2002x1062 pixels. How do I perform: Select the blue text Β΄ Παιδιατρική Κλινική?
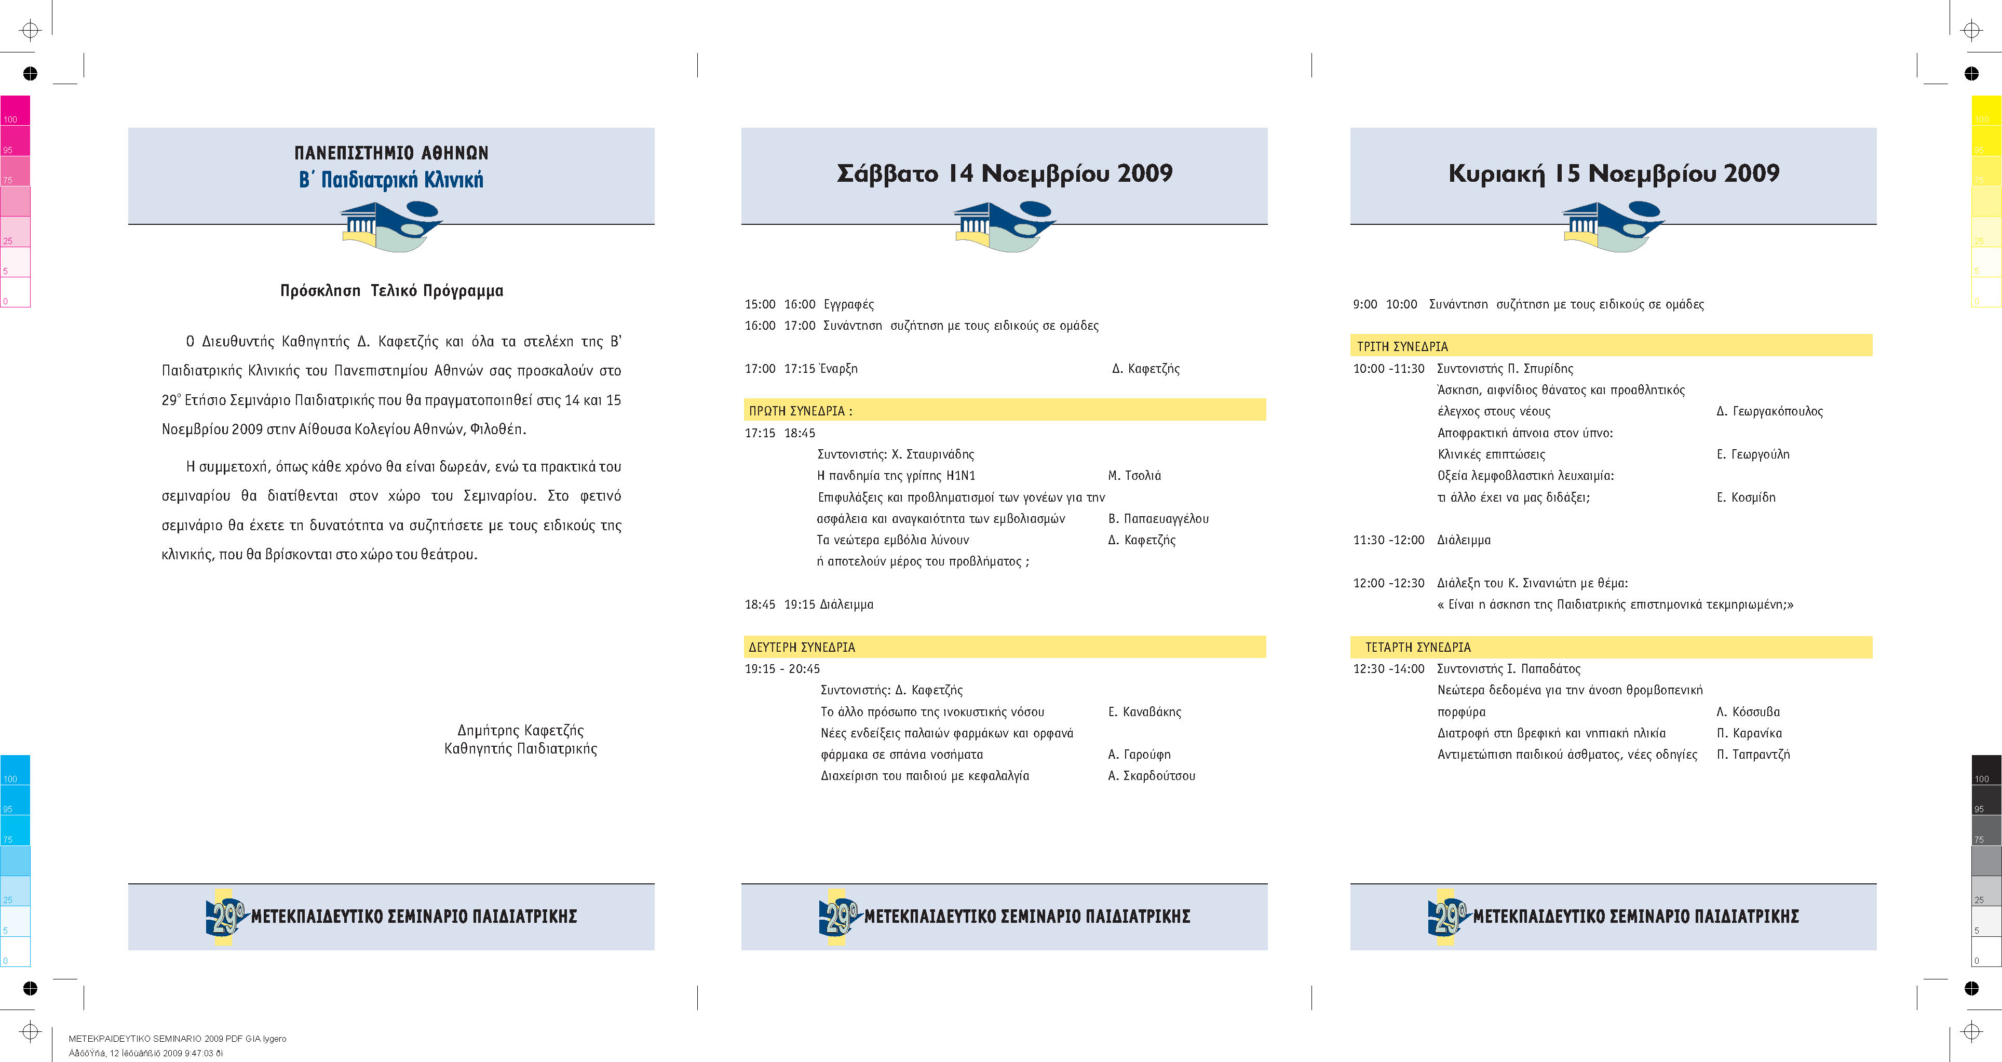click(391, 180)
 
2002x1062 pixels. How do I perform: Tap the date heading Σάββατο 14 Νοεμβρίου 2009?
click(1004, 173)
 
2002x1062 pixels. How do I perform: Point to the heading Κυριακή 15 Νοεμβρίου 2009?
click(1614, 173)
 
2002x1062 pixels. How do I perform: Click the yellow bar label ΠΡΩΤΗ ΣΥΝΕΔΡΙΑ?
click(800, 410)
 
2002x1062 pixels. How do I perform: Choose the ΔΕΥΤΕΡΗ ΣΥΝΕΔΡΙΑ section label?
click(801, 647)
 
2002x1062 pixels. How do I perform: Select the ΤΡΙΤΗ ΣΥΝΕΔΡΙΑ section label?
click(1402, 346)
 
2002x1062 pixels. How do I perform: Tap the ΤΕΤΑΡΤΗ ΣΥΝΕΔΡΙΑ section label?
click(1417, 647)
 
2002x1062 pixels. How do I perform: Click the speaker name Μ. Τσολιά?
click(1134, 475)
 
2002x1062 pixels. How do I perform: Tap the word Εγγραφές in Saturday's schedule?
click(849, 304)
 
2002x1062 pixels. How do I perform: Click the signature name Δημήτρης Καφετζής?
click(520, 730)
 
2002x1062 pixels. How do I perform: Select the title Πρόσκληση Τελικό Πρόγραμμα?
click(391, 291)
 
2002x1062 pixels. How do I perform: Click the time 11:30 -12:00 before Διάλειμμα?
click(1388, 540)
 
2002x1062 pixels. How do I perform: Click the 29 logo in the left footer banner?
click(225, 917)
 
